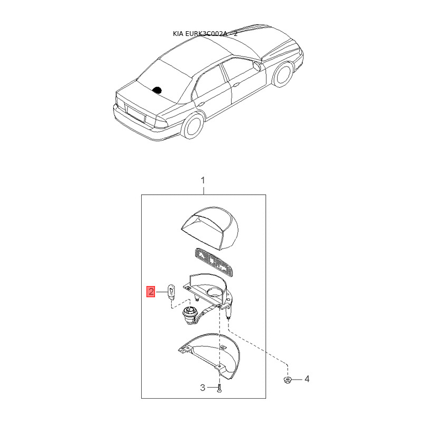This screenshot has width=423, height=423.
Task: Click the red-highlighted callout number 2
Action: (x=151, y=291)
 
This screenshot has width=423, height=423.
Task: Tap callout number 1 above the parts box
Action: (x=203, y=180)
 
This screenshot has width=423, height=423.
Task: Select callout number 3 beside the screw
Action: (x=203, y=388)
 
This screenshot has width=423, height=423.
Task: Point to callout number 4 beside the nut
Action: (x=307, y=379)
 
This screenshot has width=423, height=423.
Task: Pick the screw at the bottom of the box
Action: (x=219, y=388)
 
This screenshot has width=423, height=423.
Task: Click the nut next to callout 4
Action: (x=288, y=380)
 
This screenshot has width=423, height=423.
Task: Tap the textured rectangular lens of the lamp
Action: (x=214, y=262)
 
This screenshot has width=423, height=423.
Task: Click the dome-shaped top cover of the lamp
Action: (x=210, y=228)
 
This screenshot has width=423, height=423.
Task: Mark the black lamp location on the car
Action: (x=157, y=89)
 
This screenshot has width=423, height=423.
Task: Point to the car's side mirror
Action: (x=256, y=66)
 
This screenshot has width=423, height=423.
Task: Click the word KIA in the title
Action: (x=178, y=34)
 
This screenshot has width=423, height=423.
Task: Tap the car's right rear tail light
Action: (x=161, y=123)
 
